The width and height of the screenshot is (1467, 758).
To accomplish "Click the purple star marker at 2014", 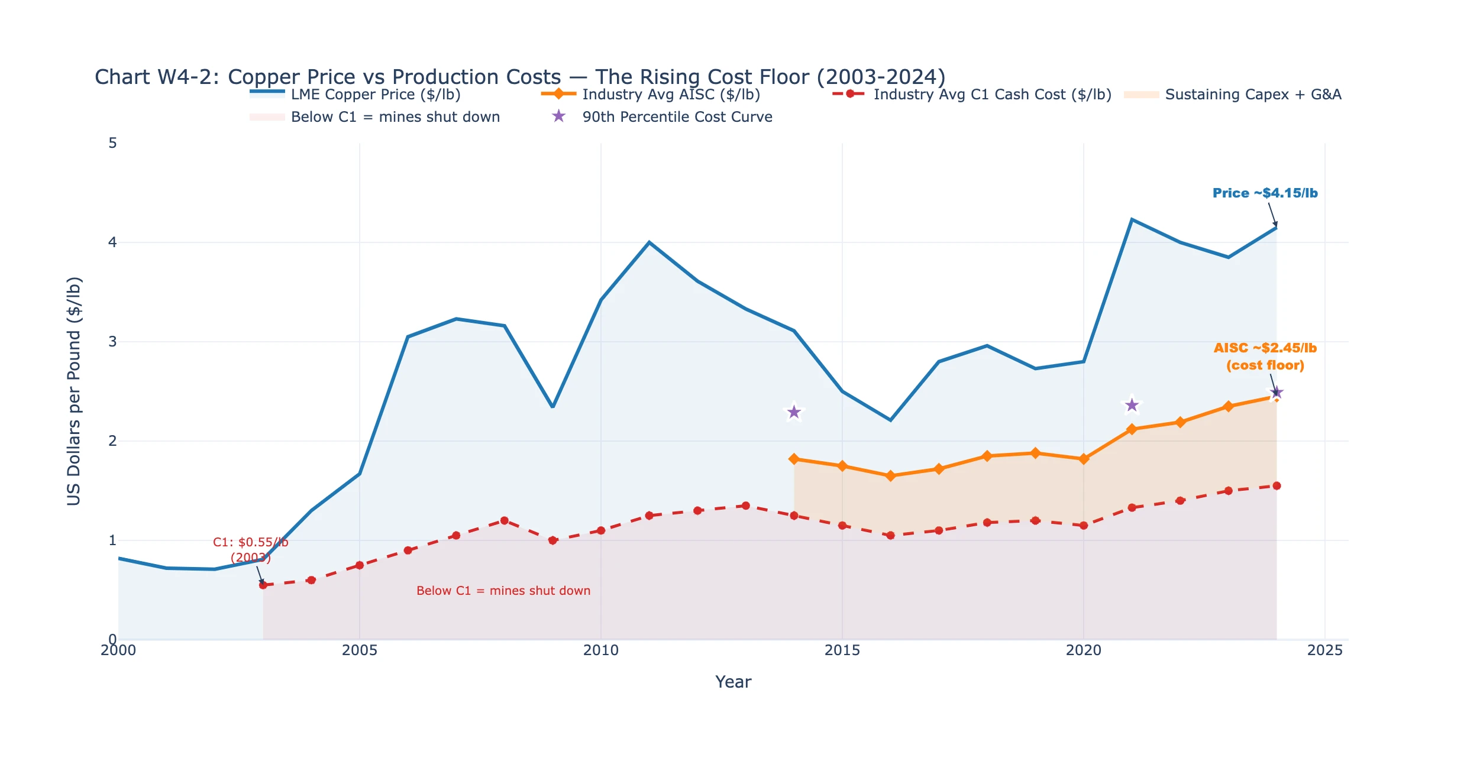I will pyautogui.click(x=794, y=412).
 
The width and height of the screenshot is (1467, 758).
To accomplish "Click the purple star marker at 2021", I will pyautogui.click(x=1132, y=405).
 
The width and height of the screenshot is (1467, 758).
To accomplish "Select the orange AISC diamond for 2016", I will pyautogui.click(x=890, y=475).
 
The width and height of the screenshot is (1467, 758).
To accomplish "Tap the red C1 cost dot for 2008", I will pyautogui.click(x=504, y=520).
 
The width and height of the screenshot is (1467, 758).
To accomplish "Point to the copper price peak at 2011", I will pyautogui.click(x=649, y=242).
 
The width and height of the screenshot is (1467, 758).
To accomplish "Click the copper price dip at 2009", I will pyautogui.click(x=552, y=407).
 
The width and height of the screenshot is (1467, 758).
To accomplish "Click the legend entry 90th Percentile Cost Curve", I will pyautogui.click(x=677, y=117).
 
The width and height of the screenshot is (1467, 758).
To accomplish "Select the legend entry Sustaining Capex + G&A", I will pyautogui.click(x=1252, y=95).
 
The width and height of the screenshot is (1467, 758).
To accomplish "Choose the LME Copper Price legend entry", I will pyautogui.click(x=375, y=95).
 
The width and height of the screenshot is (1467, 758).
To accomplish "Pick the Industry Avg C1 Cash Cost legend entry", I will pyautogui.click(x=992, y=95).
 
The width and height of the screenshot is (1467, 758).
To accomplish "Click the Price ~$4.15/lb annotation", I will pyautogui.click(x=1265, y=193).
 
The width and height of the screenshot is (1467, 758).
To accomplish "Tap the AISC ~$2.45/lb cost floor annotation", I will pyautogui.click(x=1265, y=357).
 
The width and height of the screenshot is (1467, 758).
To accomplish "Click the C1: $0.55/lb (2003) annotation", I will pyautogui.click(x=250, y=550).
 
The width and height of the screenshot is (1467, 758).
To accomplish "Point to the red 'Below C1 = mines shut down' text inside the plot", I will pyautogui.click(x=503, y=591).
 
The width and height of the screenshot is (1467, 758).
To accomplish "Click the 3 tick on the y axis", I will pyautogui.click(x=112, y=342).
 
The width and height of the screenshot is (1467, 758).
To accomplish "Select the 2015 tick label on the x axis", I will pyautogui.click(x=842, y=650).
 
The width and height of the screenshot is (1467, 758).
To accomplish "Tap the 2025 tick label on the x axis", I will pyautogui.click(x=1324, y=650).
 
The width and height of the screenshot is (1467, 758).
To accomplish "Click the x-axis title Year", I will pyautogui.click(x=733, y=682).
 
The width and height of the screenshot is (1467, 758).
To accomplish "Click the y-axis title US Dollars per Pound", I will pyautogui.click(x=74, y=391).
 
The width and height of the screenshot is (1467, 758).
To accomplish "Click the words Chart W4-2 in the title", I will pyautogui.click(x=156, y=77).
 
